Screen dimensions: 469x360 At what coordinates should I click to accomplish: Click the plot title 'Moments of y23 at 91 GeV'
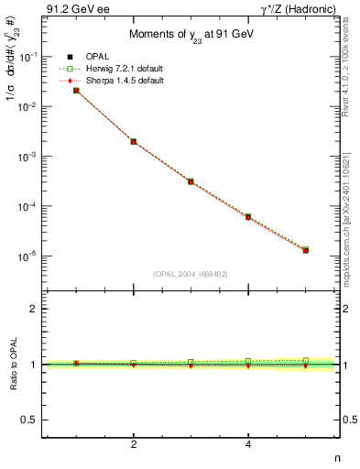pyautogui.click(x=191, y=35)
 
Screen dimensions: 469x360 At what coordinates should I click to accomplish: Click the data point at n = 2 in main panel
pyautogui.click(x=134, y=142)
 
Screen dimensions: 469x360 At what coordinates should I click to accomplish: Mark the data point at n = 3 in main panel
pyautogui.click(x=191, y=181)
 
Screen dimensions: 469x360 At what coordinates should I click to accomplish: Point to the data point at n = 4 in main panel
pyautogui.click(x=248, y=217)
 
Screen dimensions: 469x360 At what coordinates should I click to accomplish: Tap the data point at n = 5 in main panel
pyautogui.click(x=305, y=250)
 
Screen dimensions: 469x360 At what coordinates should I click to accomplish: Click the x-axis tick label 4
pyautogui.click(x=248, y=445)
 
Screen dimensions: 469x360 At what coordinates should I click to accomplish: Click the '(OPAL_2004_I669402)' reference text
pyautogui.click(x=191, y=273)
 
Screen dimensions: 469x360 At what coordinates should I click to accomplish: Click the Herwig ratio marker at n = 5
pyautogui.click(x=305, y=360)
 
